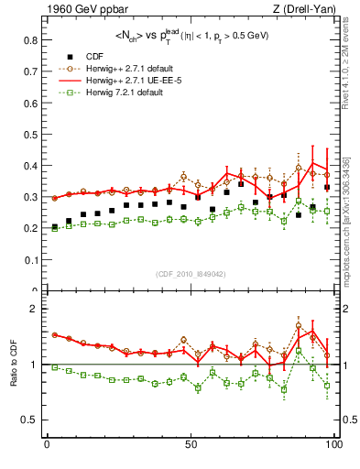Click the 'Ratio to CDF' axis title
click(12, 377)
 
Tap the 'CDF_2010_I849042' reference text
click(191, 274)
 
